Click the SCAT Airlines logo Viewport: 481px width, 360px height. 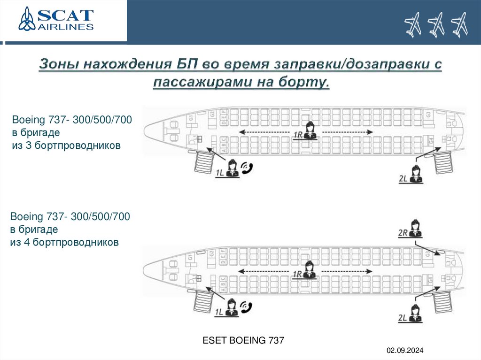point(56,19)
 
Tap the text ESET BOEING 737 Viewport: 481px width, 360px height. point(243,340)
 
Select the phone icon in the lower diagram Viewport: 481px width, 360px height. point(246,307)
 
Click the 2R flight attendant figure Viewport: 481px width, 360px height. point(415,228)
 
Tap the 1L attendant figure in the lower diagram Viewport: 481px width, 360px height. point(232,307)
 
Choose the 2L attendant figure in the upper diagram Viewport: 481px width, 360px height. point(415,174)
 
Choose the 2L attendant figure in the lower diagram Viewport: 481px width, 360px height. point(415,314)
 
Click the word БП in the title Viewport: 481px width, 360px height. point(187,65)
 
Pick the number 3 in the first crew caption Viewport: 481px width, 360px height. point(26,146)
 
